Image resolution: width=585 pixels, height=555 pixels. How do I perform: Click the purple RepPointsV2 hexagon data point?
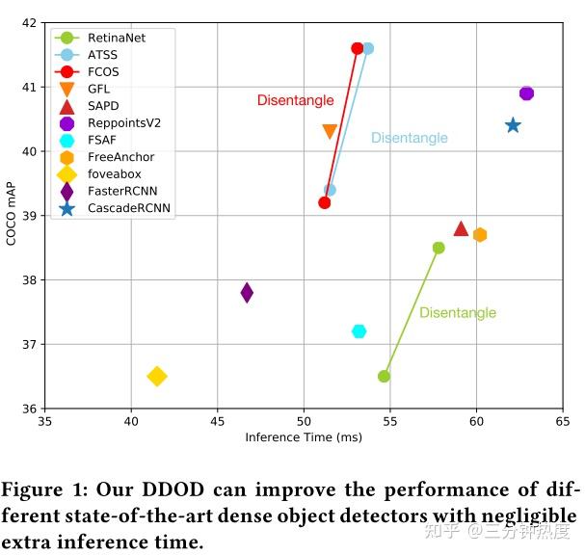click(x=526, y=93)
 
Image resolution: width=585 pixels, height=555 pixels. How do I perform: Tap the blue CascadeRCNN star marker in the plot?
click(x=513, y=125)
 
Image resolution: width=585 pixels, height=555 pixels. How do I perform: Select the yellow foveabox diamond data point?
click(x=156, y=376)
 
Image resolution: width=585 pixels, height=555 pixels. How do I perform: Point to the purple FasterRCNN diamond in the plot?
click(x=247, y=292)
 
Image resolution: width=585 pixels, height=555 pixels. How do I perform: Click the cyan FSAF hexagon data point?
click(x=359, y=331)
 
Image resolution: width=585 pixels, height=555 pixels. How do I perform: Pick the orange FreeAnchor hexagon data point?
click(x=480, y=234)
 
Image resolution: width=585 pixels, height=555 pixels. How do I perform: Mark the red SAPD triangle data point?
click(x=461, y=228)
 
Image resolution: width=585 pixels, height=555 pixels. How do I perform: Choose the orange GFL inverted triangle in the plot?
click(x=330, y=132)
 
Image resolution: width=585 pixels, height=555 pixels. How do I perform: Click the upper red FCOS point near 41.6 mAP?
click(x=358, y=48)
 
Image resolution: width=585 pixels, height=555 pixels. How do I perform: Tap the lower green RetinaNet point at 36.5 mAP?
click(x=384, y=376)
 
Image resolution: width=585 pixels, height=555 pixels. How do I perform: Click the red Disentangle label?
click(x=295, y=100)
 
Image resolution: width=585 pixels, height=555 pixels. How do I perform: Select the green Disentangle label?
click(x=458, y=313)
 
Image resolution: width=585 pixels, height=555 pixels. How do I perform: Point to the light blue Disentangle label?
click(x=410, y=138)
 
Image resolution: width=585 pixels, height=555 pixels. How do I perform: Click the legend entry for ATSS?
click(x=102, y=55)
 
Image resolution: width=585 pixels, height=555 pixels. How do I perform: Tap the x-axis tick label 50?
click(x=304, y=422)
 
